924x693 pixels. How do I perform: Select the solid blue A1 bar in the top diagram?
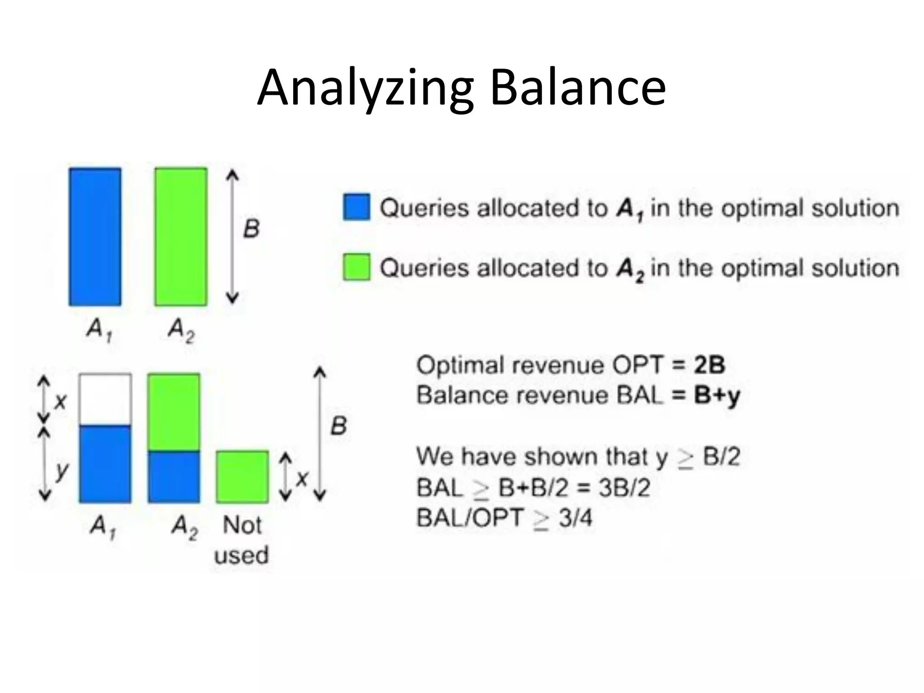click(x=95, y=237)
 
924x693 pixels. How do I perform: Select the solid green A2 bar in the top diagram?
click(x=181, y=237)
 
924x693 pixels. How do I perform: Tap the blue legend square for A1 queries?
click(x=356, y=207)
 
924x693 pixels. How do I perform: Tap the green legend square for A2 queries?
click(x=356, y=267)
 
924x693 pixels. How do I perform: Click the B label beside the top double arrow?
click(x=251, y=228)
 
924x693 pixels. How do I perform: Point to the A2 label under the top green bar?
click(x=181, y=330)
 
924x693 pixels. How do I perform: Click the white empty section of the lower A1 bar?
click(x=106, y=399)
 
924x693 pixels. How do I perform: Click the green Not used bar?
click(x=242, y=476)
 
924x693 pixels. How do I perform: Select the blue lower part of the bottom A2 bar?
click(x=174, y=476)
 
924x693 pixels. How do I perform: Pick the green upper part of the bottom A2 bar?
click(x=174, y=412)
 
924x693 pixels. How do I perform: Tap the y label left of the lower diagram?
click(x=61, y=471)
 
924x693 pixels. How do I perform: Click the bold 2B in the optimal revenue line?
click(x=709, y=365)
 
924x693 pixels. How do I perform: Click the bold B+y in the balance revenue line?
click(x=717, y=396)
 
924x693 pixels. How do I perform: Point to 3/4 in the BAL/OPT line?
click(x=575, y=518)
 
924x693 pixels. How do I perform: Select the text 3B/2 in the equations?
click(x=624, y=488)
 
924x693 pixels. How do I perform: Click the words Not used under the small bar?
click(x=242, y=540)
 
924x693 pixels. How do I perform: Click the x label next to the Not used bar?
click(x=302, y=478)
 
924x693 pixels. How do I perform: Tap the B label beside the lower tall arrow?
click(x=338, y=426)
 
